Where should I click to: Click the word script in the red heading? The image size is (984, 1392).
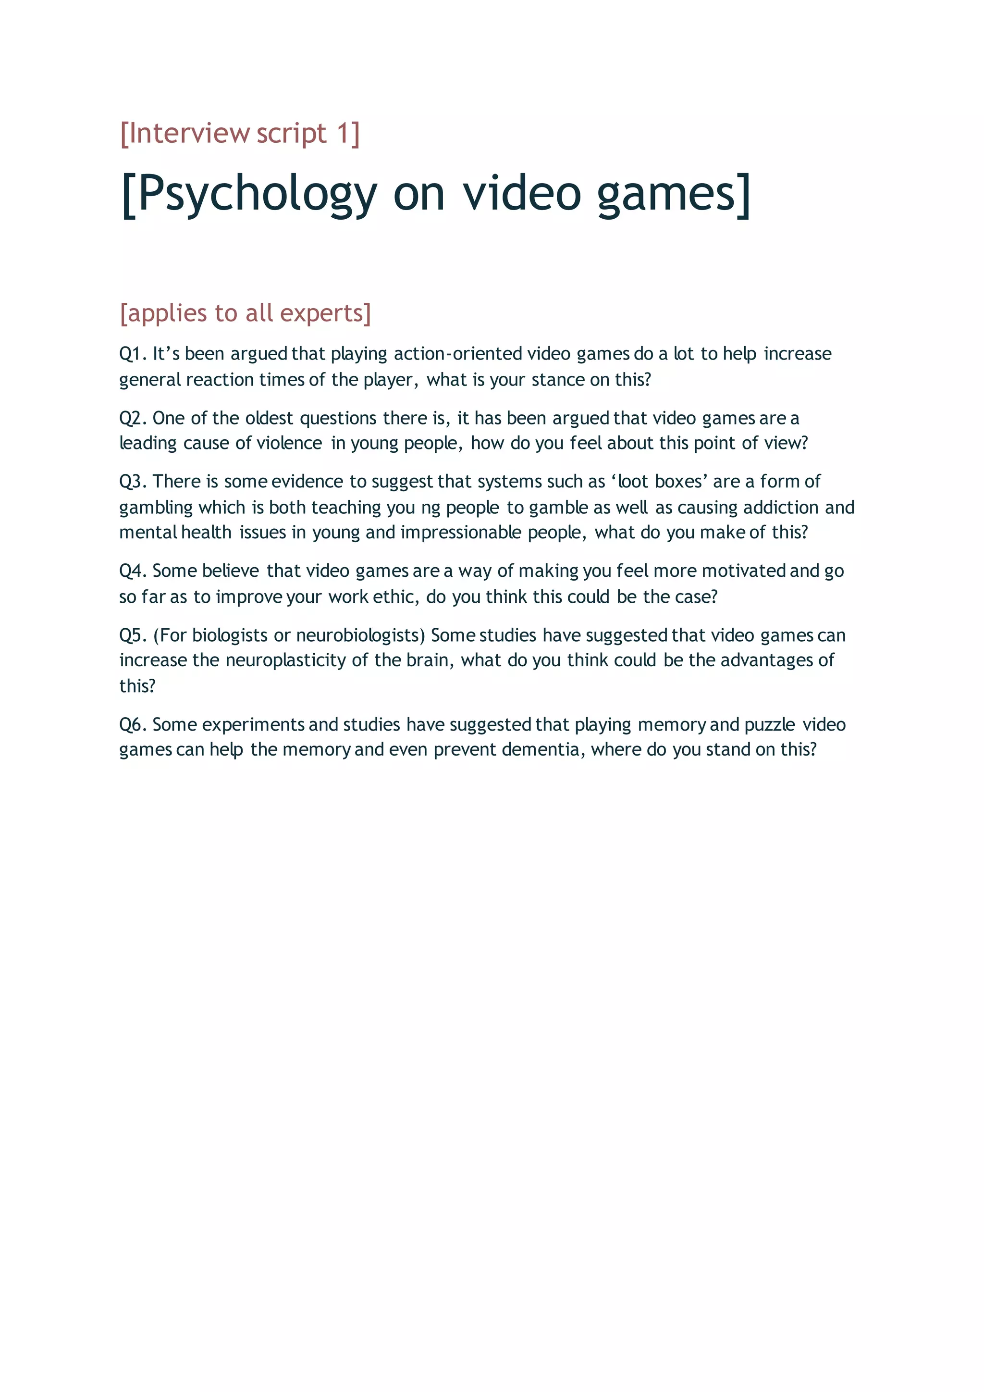pyautogui.click(x=292, y=133)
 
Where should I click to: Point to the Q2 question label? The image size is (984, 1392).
pyautogui.click(x=132, y=418)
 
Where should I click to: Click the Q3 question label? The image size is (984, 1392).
pyautogui.click(x=132, y=481)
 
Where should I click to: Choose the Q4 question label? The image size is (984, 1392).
pyautogui.click(x=132, y=571)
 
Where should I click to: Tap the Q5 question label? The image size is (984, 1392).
pyautogui.click(x=132, y=635)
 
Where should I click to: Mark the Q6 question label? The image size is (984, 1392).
pyautogui.click(x=132, y=724)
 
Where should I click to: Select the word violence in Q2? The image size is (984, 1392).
pyautogui.click(x=289, y=443)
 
